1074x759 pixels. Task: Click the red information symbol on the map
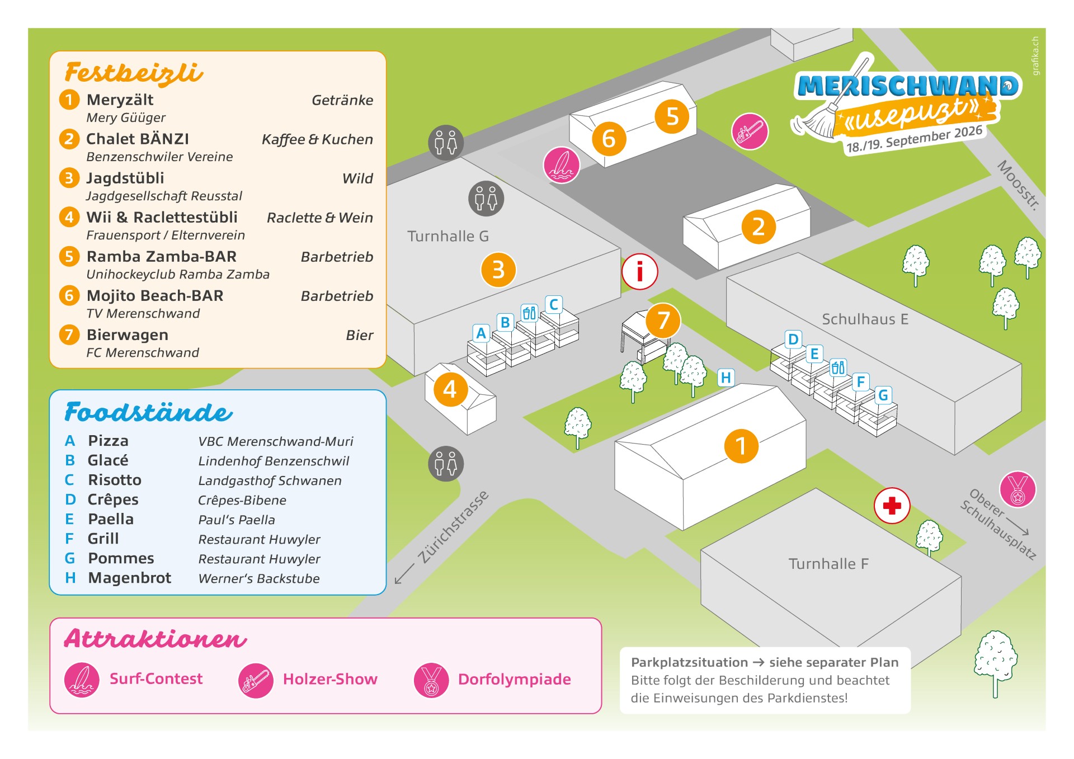tap(639, 272)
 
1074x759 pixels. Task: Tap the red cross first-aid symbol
tap(892, 506)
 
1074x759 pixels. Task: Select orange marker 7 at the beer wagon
tap(663, 320)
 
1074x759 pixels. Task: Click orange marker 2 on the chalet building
tap(758, 227)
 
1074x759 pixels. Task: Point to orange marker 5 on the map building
tap(672, 116)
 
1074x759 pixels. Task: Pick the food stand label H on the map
tap(726, 378)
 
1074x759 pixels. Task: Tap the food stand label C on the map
tap(553, 304)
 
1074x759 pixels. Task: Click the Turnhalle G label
tap(448, 236)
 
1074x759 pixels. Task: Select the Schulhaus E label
tap(865, 319)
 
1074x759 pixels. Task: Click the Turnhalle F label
tap(828, 564)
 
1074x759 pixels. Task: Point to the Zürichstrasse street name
tap(453, 527)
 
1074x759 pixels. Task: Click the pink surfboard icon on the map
tap(561, 166)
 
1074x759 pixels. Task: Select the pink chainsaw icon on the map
tap(750, 131)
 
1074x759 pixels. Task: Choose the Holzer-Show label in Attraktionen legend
tap(330, 679)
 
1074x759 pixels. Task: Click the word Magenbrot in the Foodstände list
tap(130, 578)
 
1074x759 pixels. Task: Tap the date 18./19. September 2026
tap(914, 139)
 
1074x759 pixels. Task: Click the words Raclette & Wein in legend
tap(319, 218)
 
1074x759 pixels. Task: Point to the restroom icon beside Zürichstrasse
tap(446, 464)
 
